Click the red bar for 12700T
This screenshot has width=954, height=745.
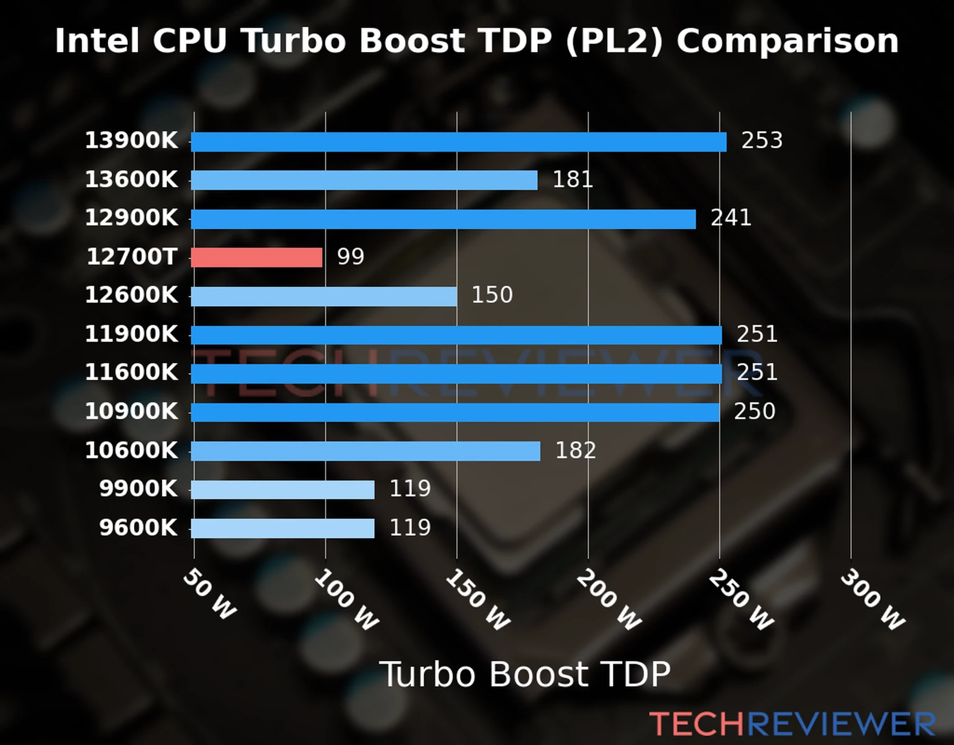(257, 257)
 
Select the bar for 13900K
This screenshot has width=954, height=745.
(458, 142)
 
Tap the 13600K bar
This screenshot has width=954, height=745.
(364, 180)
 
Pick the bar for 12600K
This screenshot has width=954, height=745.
(324, 296)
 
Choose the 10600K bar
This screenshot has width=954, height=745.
(365, 451)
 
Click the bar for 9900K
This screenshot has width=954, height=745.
(283, 489)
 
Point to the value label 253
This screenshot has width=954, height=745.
(761, 140)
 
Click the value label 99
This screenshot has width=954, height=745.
(350, 256)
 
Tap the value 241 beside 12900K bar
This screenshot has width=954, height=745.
(730, 218)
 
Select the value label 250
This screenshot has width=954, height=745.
(754, 411)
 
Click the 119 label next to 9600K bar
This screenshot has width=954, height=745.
(410, 527)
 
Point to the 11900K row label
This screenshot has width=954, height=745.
(131, 334)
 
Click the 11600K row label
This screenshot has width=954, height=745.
(131, 372)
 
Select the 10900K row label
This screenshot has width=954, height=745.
(131, 411)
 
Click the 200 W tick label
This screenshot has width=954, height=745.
(609, 600)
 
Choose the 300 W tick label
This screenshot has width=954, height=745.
(872, 600)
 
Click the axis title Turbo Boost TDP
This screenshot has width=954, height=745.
(525, 674)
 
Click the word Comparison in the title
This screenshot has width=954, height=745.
(788, 41)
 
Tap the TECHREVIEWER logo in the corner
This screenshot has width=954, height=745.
(792, 724)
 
